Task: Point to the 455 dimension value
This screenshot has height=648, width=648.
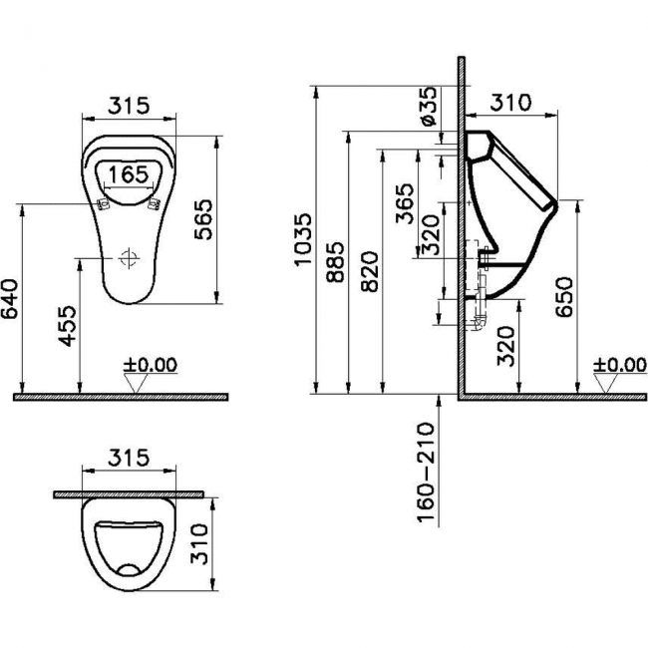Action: [68, 325]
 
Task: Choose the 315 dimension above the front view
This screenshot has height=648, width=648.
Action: [128, 105]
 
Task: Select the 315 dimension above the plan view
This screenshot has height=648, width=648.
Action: [128, 459]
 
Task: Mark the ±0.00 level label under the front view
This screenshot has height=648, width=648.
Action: [150, 365]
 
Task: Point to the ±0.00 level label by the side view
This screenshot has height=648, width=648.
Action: [619, 365]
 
